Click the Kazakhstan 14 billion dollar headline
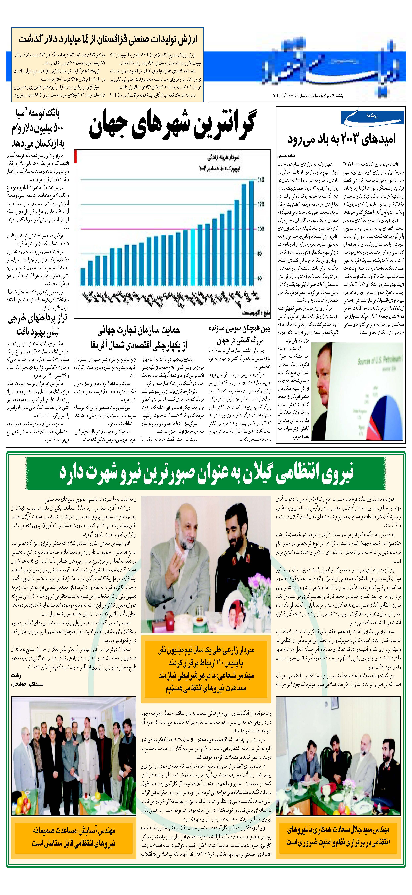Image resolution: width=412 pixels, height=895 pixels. pyautogui.click(x=108, y=39)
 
